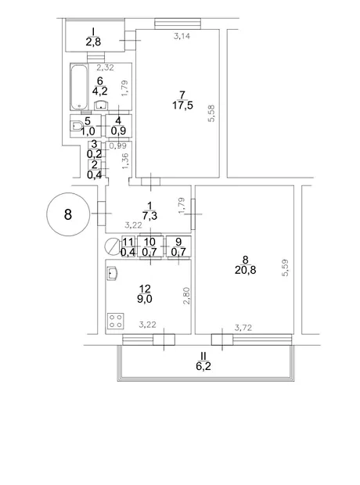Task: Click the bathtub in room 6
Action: coord(79,87)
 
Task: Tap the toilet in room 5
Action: coord(76,126)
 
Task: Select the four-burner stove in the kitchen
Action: coord(116,321)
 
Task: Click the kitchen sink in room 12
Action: coord(112,274)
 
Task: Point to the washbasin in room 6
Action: coord(101,105)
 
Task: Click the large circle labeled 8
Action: coord(68,214)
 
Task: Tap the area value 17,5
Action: coord(182,105)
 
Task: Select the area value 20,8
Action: coord(246,270)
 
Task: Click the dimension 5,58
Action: coord(212,113)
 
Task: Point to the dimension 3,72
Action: coord(243,327)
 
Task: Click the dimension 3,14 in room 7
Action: coord(182,36)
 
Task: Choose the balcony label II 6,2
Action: coord(203,361)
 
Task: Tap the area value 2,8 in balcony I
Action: coord(93,41)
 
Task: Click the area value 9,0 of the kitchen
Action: coord(145,299)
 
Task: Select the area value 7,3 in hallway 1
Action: coord(149,216)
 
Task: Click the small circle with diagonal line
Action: coord(111,246)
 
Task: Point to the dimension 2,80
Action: coord(187,296)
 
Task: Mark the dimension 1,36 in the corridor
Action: coord(125,161)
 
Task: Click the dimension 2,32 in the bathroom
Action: coord(105,67)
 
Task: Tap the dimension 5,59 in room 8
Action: coord(285,268)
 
